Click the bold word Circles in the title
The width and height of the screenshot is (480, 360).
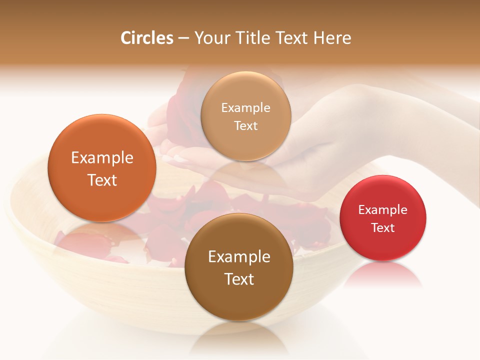click(x=146, y=38)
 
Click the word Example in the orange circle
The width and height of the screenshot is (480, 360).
click(x=102, y=158)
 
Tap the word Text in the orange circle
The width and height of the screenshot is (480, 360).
click(x=102, y=180)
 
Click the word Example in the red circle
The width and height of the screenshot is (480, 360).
click(x=383, y=210)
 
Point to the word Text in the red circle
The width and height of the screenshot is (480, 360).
click(x=383, y=228)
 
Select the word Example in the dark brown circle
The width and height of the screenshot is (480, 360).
click(x=239, y=257)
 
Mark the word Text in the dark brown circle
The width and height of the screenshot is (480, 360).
click(x=239, y=279)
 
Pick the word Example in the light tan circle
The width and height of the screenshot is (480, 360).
click(x=245, y=108)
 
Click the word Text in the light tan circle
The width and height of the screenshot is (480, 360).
click(x=245, y=126)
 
